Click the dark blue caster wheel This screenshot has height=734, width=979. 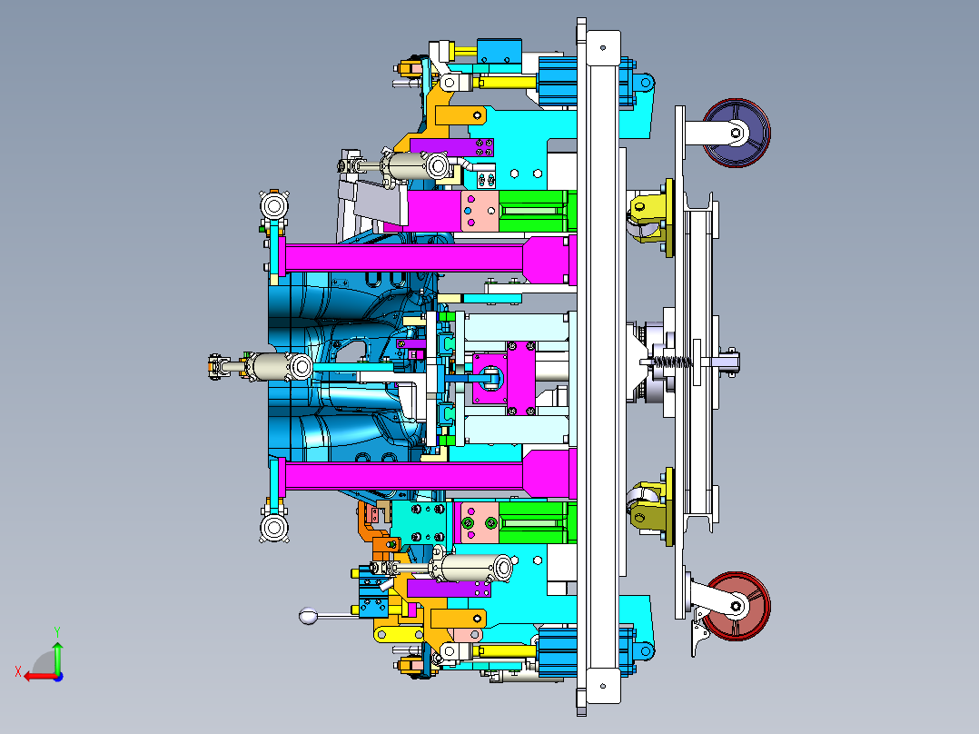(x=737, y=133)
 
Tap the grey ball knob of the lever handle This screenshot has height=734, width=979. (x=309, y=616)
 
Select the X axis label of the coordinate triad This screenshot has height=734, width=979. (x=18, y=672)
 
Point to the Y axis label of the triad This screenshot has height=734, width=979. (x=57, y=632)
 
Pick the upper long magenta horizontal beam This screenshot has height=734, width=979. (x=427, y=257)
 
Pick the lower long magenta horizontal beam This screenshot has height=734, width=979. (x=427, y=476)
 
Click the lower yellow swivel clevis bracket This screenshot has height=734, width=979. (x=652, y=506)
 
